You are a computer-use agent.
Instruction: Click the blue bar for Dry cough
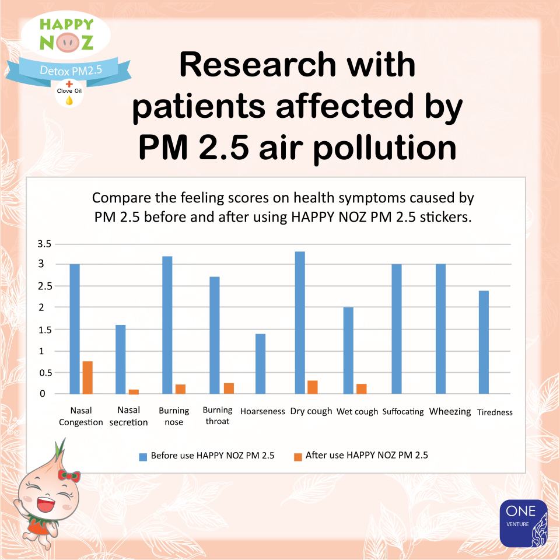[x=300, y=323]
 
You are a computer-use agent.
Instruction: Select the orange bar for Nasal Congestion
[x=87, y=377]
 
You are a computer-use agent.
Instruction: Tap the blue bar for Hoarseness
[x=261, y=363]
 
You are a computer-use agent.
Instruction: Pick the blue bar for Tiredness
[x=484, y=342]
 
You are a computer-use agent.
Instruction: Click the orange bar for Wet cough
[x=362, y=388]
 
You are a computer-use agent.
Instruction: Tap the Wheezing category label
[x=450, y=412]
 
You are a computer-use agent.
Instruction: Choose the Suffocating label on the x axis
[x=403, y=412]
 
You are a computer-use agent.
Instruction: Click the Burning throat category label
[x=218, y=416]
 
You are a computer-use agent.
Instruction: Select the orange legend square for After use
[x=297, y=456]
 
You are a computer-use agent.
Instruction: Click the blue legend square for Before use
[x=143, y=456]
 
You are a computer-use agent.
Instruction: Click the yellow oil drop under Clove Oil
[x=69, y=100]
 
